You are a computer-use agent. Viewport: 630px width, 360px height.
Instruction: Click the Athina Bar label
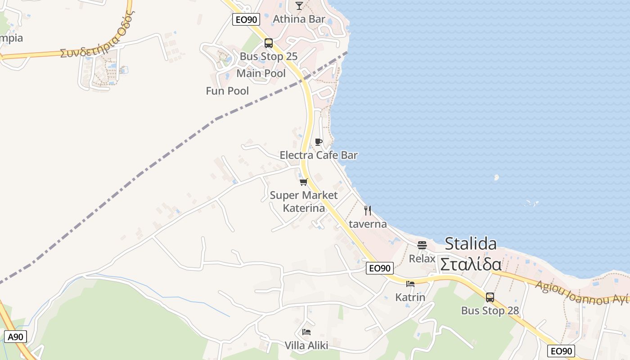coord(299,19)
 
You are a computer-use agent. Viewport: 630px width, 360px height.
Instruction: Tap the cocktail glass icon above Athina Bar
coord(299,5)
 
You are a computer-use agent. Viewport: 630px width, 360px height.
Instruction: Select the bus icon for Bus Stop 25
coord(269,43)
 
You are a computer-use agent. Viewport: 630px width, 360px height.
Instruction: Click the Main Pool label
coord(261,73)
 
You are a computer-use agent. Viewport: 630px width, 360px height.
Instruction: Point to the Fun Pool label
coord(227,91)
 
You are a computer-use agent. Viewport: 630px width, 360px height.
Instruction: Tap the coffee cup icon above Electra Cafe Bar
coord(319,142)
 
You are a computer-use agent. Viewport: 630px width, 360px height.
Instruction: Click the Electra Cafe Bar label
coord(319,155)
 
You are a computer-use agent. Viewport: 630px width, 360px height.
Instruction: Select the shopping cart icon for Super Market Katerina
coord(304,182)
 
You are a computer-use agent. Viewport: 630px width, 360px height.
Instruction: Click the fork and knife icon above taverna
coord(368,210)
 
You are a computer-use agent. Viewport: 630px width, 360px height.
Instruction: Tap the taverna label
coord(368,224)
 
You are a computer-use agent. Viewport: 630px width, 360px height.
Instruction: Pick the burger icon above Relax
coord(422,245)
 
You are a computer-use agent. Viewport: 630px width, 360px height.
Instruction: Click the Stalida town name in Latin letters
coord(471,243)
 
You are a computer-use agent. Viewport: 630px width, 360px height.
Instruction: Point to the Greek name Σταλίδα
coord(471,264)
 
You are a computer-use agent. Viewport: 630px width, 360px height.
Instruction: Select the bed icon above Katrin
coord(410,284)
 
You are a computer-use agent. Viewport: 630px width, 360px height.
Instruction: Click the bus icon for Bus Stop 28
coord(490,297)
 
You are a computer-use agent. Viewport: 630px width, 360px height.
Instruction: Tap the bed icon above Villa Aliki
coord(306,332)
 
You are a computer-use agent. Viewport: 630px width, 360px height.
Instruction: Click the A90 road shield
coord(16,337)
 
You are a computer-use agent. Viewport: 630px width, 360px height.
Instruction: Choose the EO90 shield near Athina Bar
coord(246,19)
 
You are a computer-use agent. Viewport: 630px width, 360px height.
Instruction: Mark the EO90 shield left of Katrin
coord(380,268)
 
